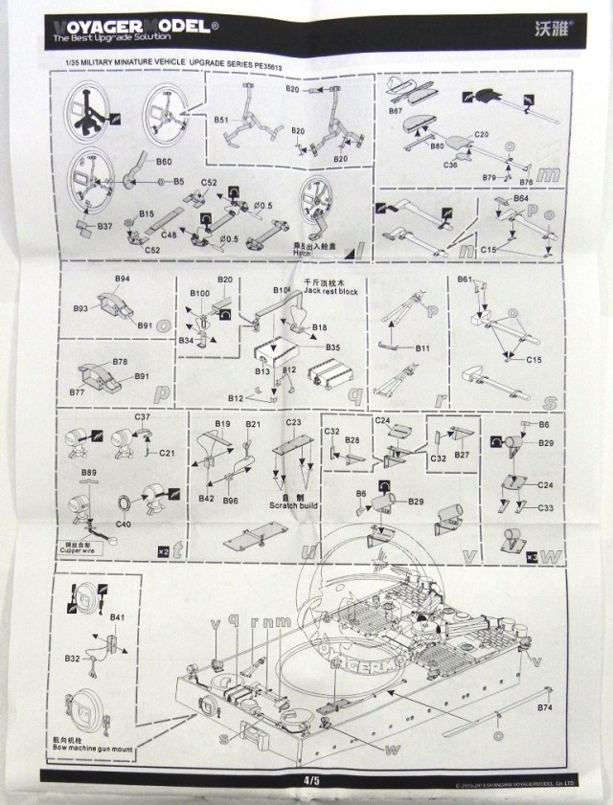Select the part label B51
coord(220,121)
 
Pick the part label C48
coord(169,234)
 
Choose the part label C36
coord(450,165)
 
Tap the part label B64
coord(520,198)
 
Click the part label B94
coord(122,279)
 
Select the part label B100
coord(200,292)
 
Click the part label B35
coord(332,347)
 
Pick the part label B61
coord(465,279)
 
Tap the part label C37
coord(143,417)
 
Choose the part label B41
coord(118,617)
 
